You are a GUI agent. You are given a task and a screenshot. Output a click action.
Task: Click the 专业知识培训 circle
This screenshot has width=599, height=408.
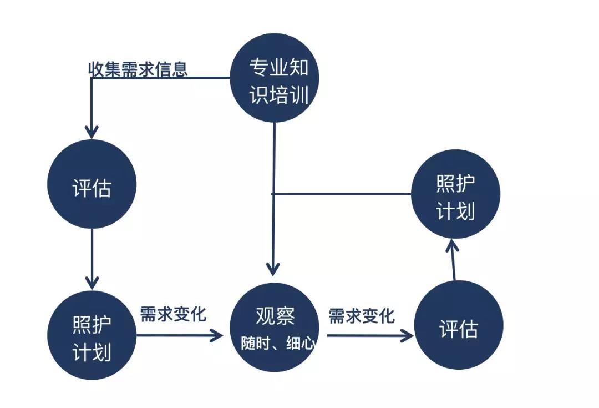pyautogui.click(x=274, y=78)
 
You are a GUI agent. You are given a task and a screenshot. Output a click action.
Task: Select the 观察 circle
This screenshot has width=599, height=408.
pyautogui.click(x=274, y=328)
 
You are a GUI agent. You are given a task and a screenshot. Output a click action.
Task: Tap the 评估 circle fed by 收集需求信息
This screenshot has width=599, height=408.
pyautogui.click(x=92, y=184)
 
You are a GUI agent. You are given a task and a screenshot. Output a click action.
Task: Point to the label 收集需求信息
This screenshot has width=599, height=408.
pyautogui.click(x=138, y=69)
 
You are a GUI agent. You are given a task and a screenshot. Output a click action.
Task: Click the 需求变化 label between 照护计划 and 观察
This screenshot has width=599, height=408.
pyautogui.click(x=173, y=314)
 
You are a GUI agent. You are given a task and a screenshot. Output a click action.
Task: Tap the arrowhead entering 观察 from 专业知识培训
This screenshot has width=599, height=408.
pyautogui.click(x=273, y=269)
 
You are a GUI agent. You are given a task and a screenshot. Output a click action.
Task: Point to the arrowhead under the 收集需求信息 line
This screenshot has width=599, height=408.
pyautogui.click(x=92, y=132)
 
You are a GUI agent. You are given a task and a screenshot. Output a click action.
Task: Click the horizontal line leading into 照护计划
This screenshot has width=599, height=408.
pyautogui.click(x=341, y=194)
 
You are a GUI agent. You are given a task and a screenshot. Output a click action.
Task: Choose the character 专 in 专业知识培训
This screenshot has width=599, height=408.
pyautogui.click(x=258, y=69)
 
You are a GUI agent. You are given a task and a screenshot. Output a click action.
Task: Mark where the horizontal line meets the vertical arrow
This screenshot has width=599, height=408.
pyautogui.click(x=273, y=194)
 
